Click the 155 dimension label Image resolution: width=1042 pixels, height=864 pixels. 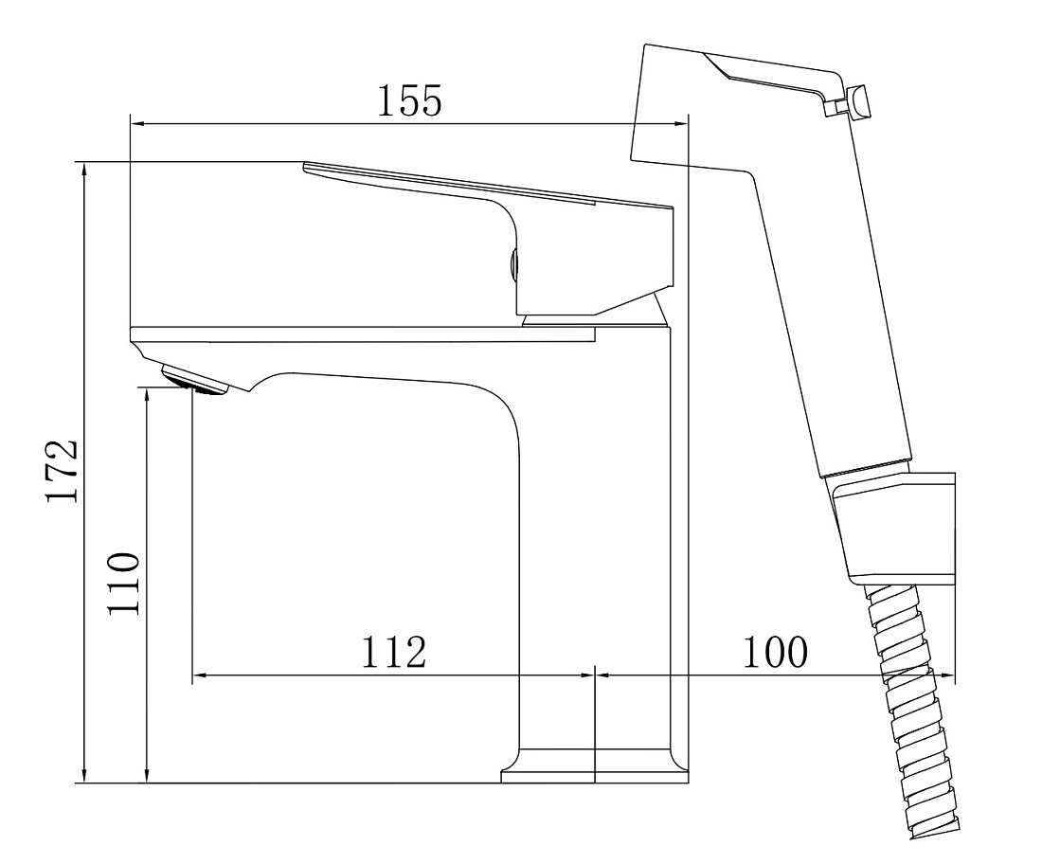click(409, 101)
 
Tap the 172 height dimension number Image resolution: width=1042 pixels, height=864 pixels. click(63, 471)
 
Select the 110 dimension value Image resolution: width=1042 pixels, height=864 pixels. click(124, 584)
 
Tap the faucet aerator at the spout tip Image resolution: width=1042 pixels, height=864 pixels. click(194, 381)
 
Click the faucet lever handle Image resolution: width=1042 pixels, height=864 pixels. click(489, 240)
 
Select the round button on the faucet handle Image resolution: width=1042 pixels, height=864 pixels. click(512, 265)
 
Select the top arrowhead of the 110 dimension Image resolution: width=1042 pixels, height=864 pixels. click(147, 398)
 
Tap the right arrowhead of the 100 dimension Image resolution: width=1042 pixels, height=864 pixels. click(947, 675)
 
